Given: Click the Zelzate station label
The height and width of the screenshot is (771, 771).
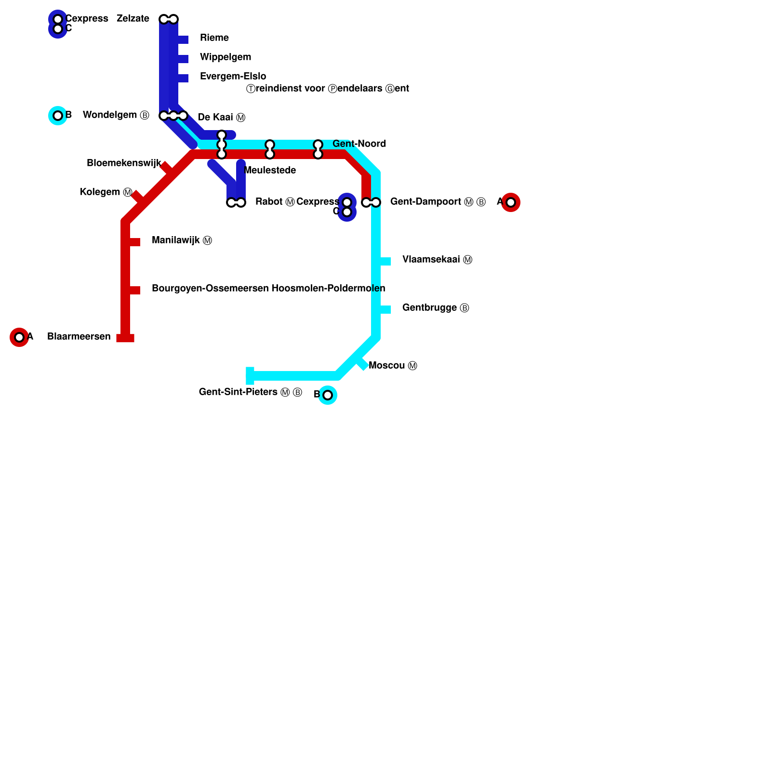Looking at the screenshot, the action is (x=133, y=19).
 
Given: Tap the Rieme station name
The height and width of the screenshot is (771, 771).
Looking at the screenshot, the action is (x=214, y=38).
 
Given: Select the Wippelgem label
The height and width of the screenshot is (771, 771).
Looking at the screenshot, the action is (x=226, y=57).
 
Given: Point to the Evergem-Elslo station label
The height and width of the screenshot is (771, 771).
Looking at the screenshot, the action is (x=233, y=77).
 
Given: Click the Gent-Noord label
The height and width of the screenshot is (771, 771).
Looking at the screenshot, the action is (x=359, y=144).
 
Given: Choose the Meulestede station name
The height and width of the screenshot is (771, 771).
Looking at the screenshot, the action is (x=270, y=171).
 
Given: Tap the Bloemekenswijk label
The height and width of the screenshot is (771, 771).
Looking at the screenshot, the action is (x=124, y=163).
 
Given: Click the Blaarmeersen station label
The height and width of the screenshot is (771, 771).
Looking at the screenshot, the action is (x=79, y=337).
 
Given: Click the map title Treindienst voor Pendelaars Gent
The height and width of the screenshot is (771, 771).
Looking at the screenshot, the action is (x=328, y=89).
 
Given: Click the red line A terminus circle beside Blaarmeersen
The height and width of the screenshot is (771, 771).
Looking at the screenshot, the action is (x=19, y=337).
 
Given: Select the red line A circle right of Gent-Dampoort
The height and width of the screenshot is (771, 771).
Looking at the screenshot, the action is (x=511, y=202).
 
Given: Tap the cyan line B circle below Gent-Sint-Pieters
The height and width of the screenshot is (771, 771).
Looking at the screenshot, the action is (x=328, y=395).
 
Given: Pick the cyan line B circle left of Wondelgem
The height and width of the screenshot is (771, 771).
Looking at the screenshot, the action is (x=58, y=116).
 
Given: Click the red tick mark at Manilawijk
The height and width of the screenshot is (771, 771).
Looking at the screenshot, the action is (x=134, y=242).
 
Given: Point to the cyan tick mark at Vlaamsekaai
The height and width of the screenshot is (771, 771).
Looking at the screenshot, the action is (x=385, y=261).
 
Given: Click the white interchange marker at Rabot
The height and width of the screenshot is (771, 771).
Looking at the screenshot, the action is (x=236, y=203).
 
